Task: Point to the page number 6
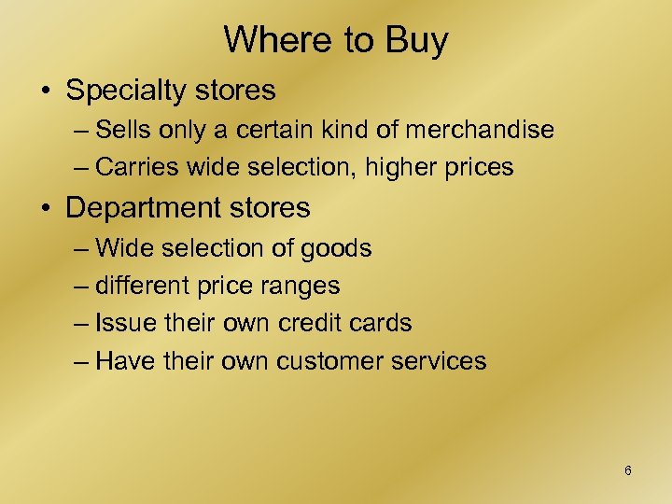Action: click(628, 470)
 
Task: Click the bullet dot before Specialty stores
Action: click(45, 91)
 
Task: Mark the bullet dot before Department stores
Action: click(45, 206)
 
